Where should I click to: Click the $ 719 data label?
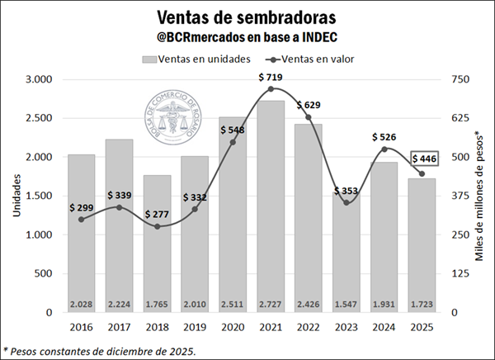[272, 78]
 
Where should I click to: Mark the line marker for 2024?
[384, 149]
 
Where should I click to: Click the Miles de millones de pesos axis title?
[479, 197]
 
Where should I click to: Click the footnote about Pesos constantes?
[100, 350]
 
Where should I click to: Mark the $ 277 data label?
[158, 214]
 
